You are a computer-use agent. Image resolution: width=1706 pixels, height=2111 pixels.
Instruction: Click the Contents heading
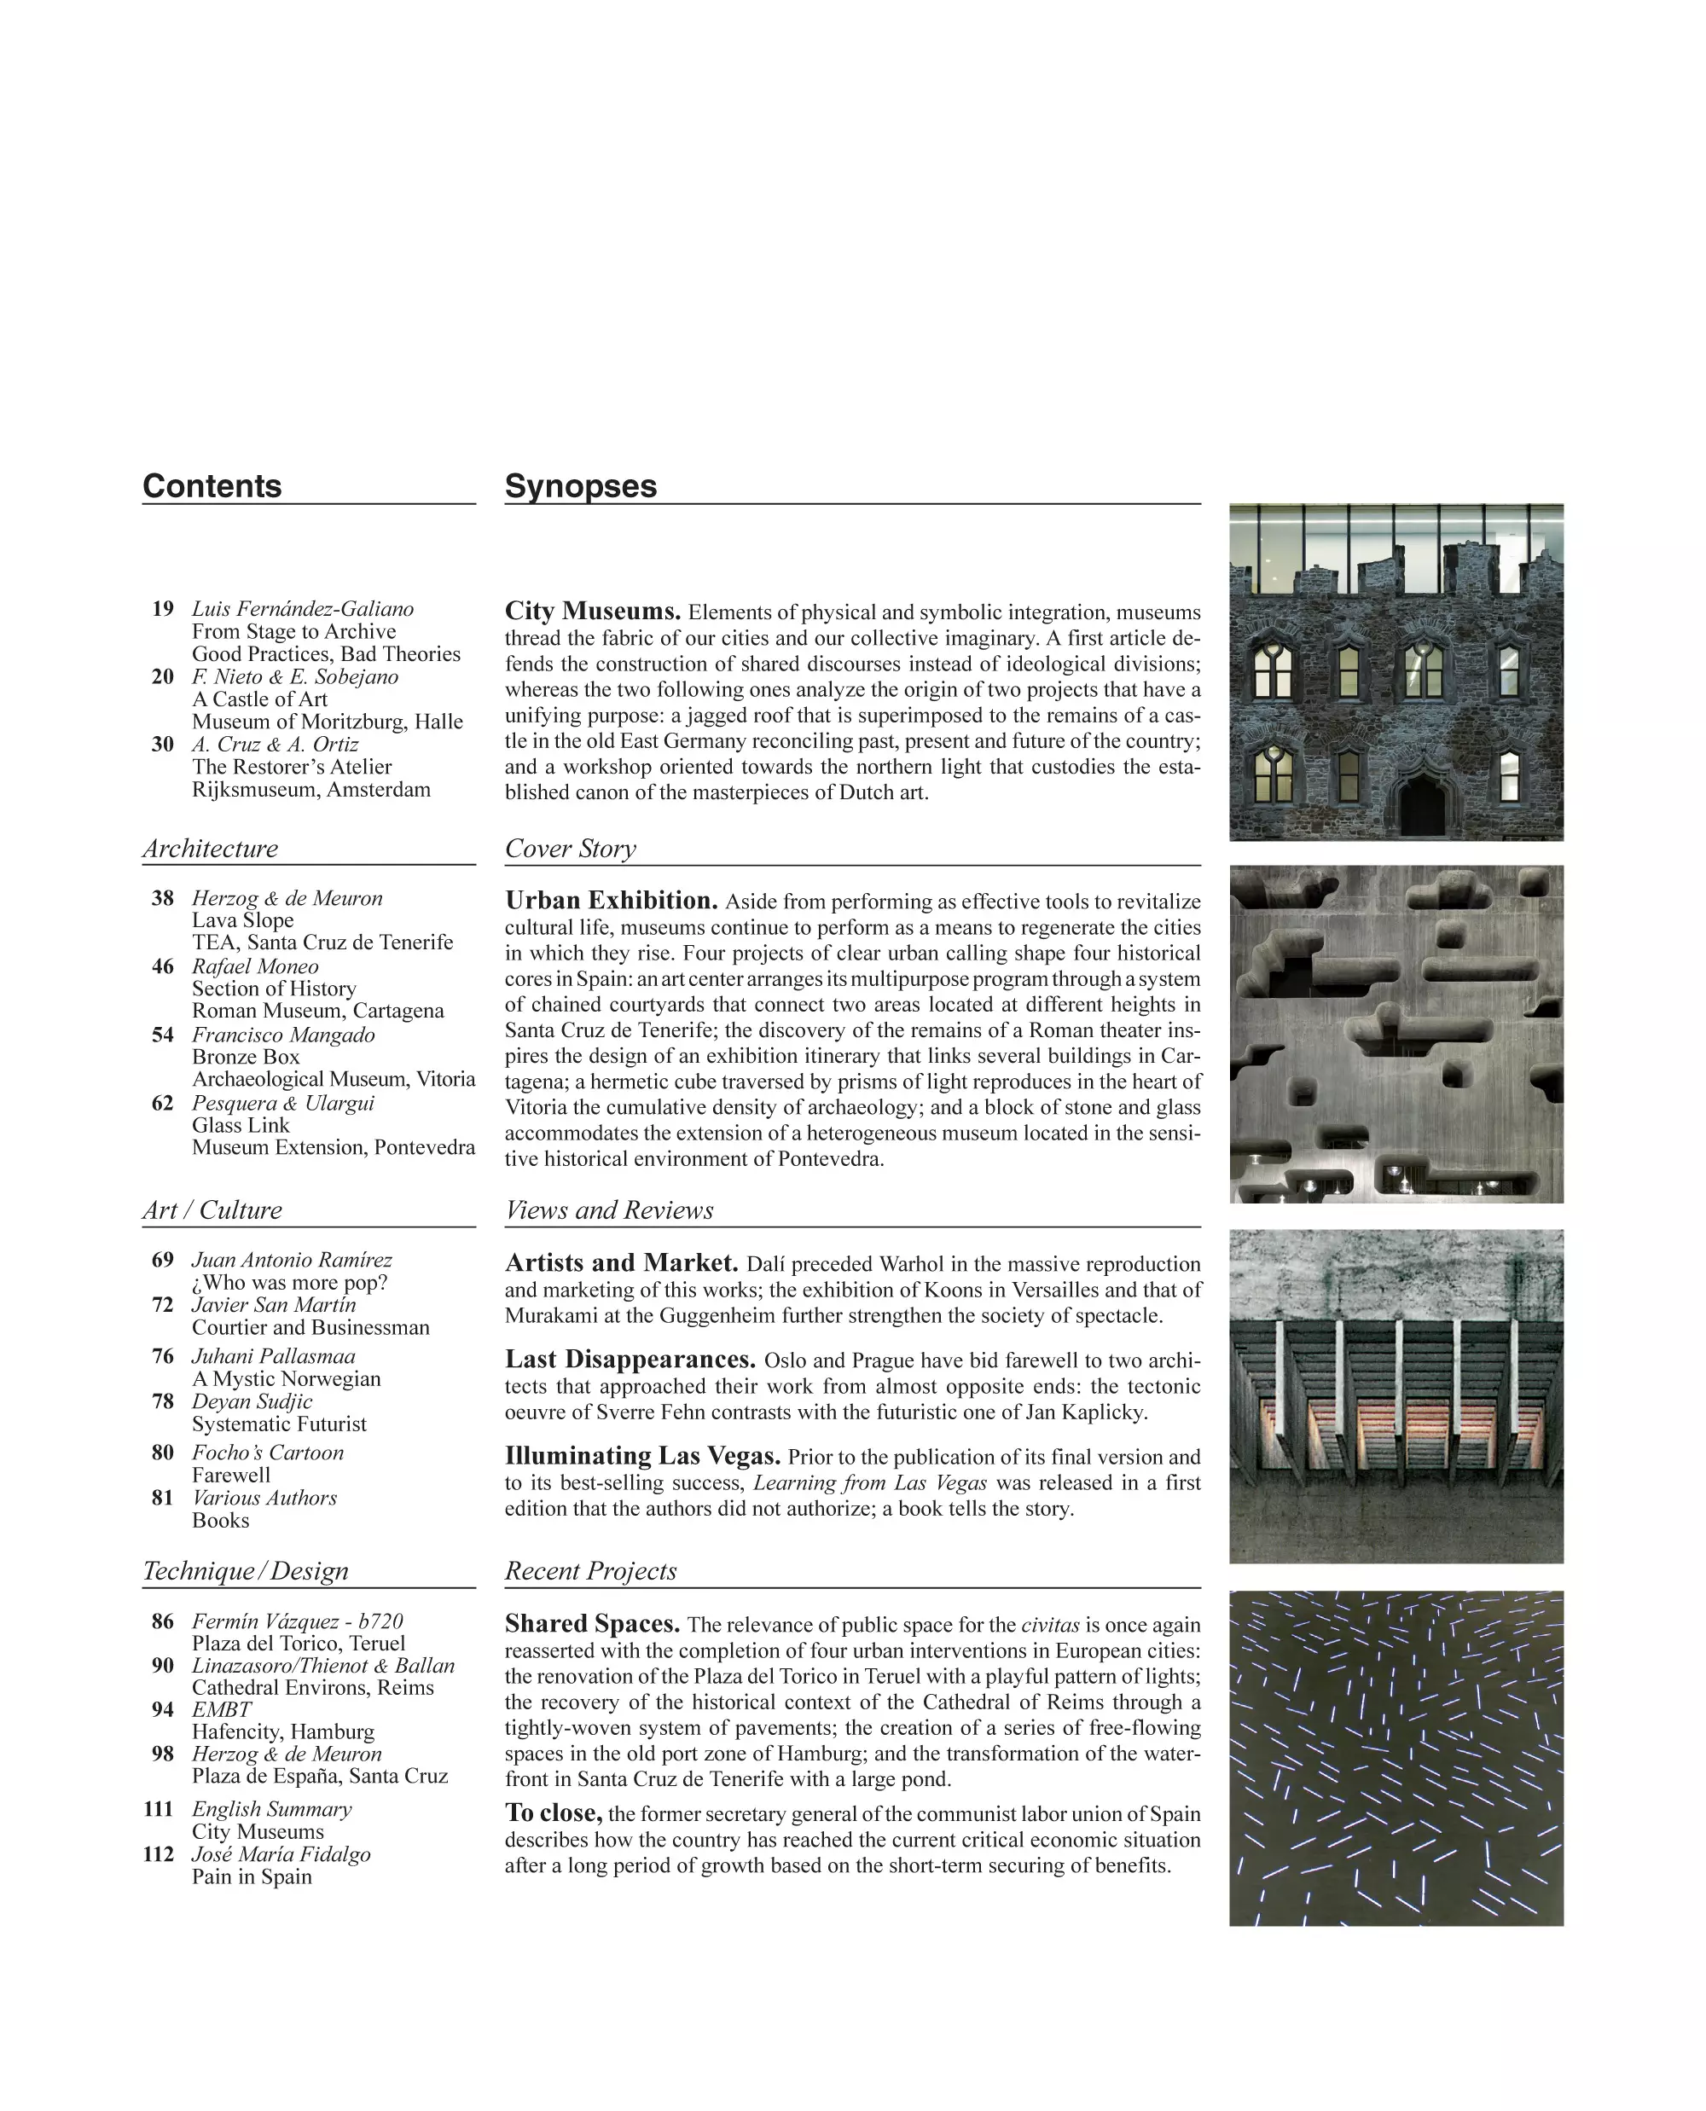coord(212,486)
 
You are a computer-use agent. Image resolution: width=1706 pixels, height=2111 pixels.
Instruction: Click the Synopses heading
coord(580,486)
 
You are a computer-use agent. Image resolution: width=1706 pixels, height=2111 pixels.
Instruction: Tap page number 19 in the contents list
coord(162,609)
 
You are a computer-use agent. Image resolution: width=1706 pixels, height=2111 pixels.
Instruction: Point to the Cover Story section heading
coord(570,850)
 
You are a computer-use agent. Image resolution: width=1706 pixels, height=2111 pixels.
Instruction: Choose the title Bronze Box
coord(246,1058)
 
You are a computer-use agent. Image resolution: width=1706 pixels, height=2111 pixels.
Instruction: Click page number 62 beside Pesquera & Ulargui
coord(162,1104)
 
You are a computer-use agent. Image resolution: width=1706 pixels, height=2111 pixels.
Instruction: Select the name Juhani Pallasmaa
coord(273,1357)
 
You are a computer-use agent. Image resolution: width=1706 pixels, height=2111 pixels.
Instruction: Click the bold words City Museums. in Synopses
coord(593,612)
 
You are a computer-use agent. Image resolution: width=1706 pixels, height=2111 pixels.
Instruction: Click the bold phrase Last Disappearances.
coord(630,1360)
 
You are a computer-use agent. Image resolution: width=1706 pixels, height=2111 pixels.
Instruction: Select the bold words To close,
coord(554,1813)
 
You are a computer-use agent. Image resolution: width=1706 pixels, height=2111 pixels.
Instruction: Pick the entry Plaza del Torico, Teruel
coord(298,1644)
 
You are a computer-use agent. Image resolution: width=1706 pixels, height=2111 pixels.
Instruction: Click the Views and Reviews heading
coord(608,1211)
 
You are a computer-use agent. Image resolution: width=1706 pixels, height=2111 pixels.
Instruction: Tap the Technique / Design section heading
coord(245,1571)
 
